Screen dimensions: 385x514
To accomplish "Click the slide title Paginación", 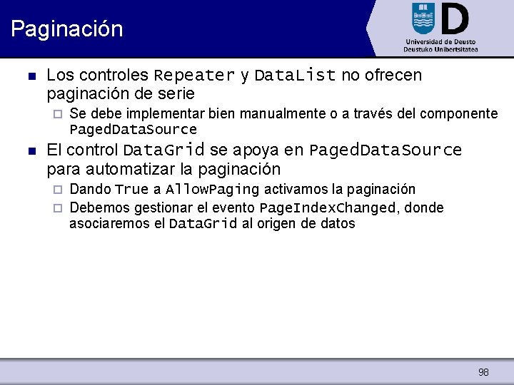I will (67, 29).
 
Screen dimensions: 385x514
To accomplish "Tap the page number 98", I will (483, 372).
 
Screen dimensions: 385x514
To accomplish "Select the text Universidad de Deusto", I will (439, 41).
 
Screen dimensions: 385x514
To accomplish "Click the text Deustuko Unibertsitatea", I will (439, 50).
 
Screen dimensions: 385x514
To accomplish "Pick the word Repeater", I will (194, 76).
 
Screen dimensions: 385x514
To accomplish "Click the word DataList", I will (295, 76).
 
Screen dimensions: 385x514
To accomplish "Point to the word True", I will (131, 190).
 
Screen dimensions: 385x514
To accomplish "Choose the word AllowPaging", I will (212, 190).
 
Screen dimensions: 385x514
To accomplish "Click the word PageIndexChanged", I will (328, 208).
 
